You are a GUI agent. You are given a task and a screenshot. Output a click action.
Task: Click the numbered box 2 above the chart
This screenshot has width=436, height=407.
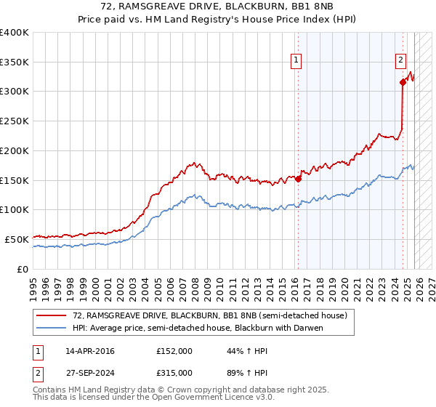tap(400, 62)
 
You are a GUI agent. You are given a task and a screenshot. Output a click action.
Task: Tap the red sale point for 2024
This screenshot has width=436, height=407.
tap(403, 82)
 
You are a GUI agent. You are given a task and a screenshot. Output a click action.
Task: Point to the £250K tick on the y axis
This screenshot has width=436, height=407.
tap(15, 121)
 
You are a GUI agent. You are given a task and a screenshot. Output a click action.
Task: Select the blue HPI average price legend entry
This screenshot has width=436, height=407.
tap(197, 328)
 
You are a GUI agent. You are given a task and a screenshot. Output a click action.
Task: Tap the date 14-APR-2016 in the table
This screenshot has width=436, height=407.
tap(90, 351)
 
